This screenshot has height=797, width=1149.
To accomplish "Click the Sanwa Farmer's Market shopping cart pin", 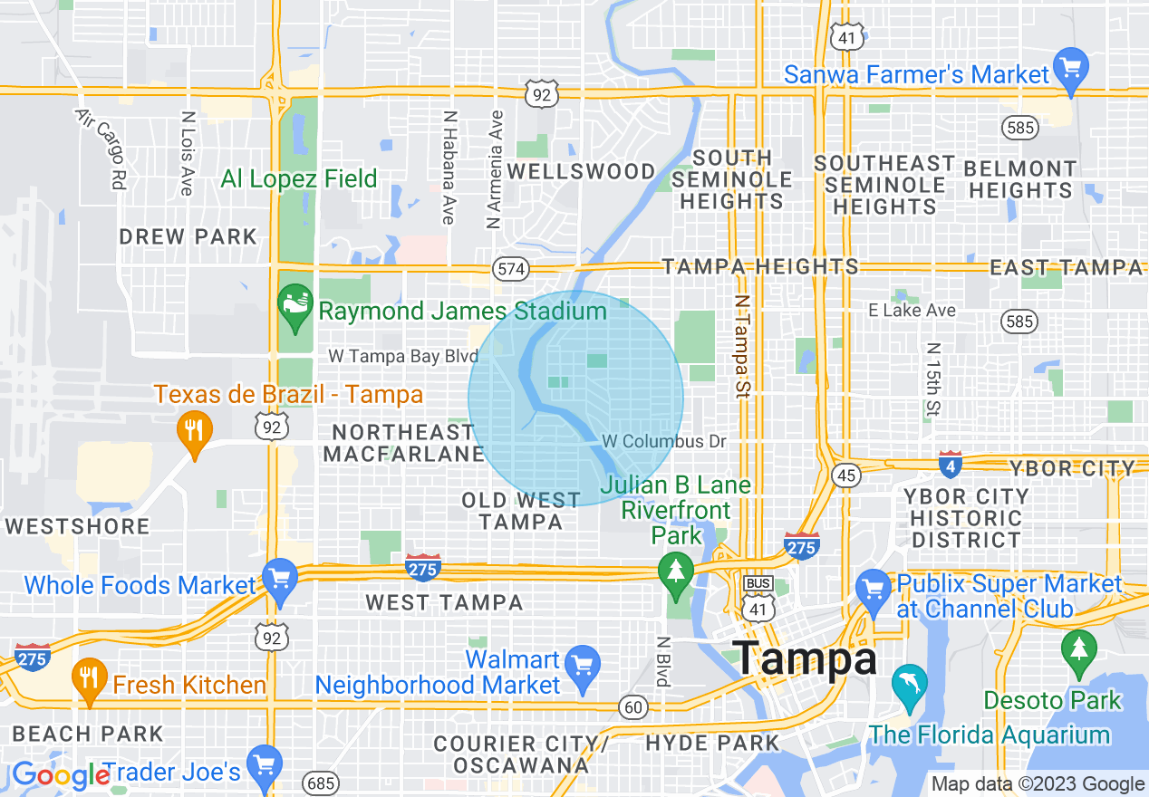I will [x=1073, y=71].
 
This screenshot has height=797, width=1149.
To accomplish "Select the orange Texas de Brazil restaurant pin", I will [x=194, y=428].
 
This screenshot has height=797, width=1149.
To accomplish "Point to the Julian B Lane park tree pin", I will [x=675, y=571].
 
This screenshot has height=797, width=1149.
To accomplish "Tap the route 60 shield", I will [x=632, y=706].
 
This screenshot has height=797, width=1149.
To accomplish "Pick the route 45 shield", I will [x=846, y=475].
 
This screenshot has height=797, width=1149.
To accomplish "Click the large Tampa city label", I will [x=805, y=658].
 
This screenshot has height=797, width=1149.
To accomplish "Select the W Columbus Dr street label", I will [x=665, y=441].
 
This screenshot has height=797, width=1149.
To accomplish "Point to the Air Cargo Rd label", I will [x=100, y=149].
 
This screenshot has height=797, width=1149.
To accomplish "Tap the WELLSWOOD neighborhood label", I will [x=581, y=171].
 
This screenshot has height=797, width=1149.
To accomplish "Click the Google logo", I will [x=60, y=775].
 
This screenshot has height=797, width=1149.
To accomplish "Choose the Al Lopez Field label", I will [x=299, y=178].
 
